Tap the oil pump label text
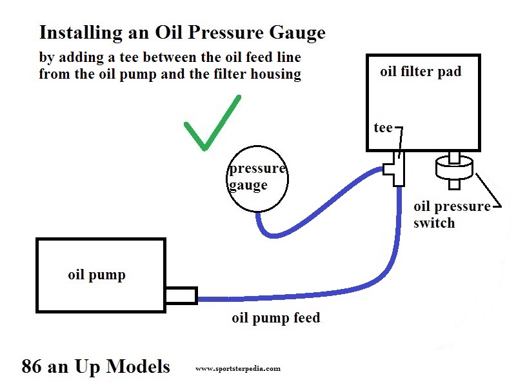tap(97, 275)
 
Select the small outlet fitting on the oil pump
tap(181, 295)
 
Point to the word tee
tap(383, 127)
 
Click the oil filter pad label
tap(421, 72)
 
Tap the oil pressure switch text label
tap(452, 215)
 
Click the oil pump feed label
tap(276, 318)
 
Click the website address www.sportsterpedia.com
tap(238, 368)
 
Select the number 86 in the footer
tap(32, 366)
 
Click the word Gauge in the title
tap(297, 34)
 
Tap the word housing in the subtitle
tap(276, 74)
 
